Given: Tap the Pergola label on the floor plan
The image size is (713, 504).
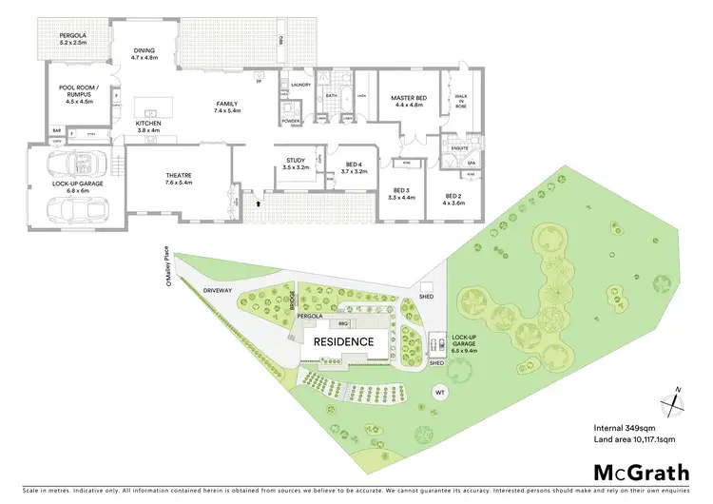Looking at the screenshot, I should point(60,40).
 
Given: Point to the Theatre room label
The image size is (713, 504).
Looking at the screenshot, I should point(179,177).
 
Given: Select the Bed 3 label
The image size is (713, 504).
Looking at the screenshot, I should point(400,193).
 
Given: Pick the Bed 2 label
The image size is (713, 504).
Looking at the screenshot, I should point(453,198).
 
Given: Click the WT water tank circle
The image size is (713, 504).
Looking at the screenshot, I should point(439,392).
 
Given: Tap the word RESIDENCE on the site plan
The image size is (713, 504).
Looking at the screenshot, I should point(343,340).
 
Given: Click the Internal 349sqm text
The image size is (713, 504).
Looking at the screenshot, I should point(623,427).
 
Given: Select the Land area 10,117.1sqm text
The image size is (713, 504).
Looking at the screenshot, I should point(634,440).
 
